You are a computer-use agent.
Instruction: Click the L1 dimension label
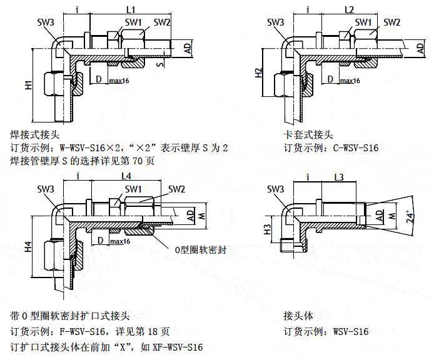[131, 9]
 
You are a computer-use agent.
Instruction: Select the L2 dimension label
[350, 9]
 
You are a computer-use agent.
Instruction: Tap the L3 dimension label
[339, 177]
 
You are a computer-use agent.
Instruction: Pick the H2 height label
[258, 72]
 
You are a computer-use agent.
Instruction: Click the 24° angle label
[410, 216]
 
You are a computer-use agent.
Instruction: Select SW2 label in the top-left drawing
[162, 22]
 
